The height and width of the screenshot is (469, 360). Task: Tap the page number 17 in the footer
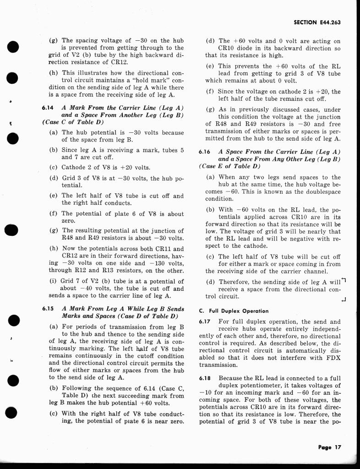(338, 447)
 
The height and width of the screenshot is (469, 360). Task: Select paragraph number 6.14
(47, 108)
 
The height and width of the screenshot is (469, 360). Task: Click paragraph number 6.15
(48, 309)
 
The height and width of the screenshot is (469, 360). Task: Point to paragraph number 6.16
(205, 152)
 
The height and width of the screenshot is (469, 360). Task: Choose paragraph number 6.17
(205, 322)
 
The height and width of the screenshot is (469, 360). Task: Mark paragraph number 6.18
(205, 378)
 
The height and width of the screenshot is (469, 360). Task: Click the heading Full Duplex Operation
(237, 311)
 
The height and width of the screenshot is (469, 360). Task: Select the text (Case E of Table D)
(229, 166)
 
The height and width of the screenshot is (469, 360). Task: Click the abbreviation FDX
(333, 358)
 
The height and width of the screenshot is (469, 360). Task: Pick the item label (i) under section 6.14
(53, 281)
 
